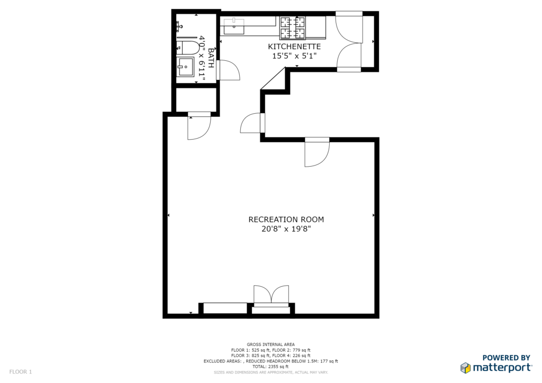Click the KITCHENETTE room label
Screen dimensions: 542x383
coord(294,47)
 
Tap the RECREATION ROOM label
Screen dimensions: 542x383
coord(286,220)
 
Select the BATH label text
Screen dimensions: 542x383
coord(211,58)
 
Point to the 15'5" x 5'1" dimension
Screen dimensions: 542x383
coord(294,56)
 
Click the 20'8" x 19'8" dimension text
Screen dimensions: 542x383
coord(286,229)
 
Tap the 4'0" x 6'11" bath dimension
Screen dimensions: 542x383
coord(202,59)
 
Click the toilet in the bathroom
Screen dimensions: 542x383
coord(187,48)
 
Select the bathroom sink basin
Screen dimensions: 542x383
coord(185,67)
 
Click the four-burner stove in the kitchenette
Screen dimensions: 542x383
coord(293,28)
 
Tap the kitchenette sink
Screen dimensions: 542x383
coord(234,26)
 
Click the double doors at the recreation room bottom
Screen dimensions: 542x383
coord(272,296)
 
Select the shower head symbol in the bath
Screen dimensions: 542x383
coord(180,25)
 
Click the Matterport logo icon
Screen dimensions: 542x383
coord(466,368)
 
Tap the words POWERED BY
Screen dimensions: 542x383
coord(506,358)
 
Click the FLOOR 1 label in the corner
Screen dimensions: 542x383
coord(21,372)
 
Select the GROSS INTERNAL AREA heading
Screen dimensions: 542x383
coord(270,344)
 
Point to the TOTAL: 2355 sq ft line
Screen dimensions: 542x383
coord(270,367)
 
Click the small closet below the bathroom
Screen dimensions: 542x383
coord(196,100)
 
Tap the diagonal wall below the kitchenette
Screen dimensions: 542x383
coord(273,79)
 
